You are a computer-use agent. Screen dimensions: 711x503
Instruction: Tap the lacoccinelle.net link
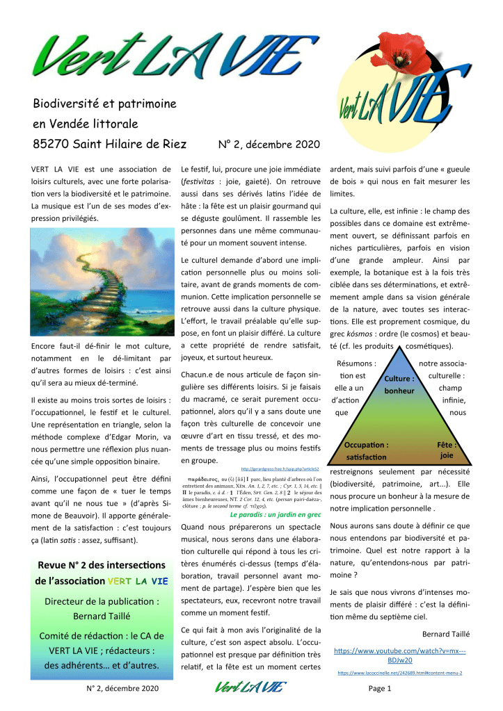[x=400, y=673]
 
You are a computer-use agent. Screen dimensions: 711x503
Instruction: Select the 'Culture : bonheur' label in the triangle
[x=400, y=385]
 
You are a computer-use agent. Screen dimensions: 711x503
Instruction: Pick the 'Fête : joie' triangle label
[x=446, y=449]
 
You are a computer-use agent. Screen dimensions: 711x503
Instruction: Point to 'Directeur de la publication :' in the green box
[x=102, y=601]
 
